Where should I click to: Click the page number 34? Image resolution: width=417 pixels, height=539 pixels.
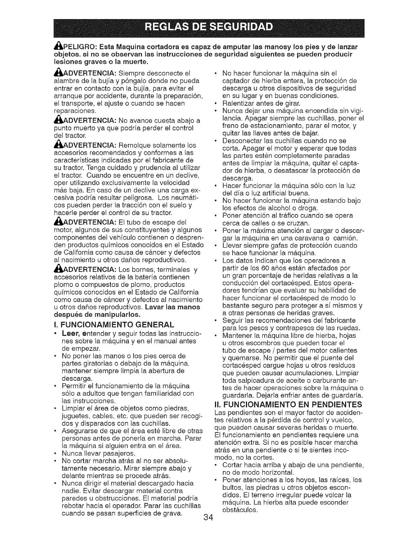pyautogui.click(x=208, y=527)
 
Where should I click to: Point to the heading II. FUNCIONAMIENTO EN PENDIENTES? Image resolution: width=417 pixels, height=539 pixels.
pyautogui.click(x=288, y=405)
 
